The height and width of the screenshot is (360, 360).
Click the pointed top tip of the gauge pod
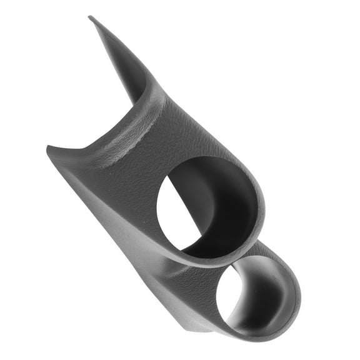pos(90,17)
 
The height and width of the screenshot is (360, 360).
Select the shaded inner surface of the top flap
pos(125,69)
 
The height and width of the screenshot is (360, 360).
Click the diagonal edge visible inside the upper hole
pos(187,212)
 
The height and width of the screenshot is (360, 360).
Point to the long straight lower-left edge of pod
pos(125,250)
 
